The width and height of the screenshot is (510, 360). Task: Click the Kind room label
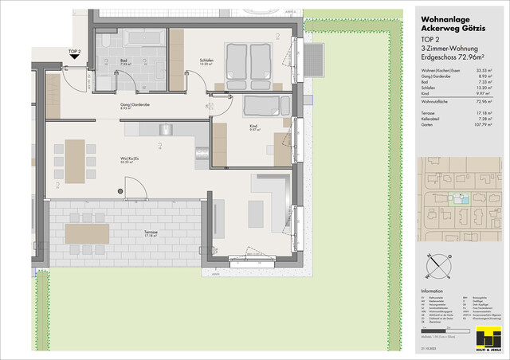[x=252, y=126]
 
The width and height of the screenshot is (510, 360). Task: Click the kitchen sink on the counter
[x=167, y=129]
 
